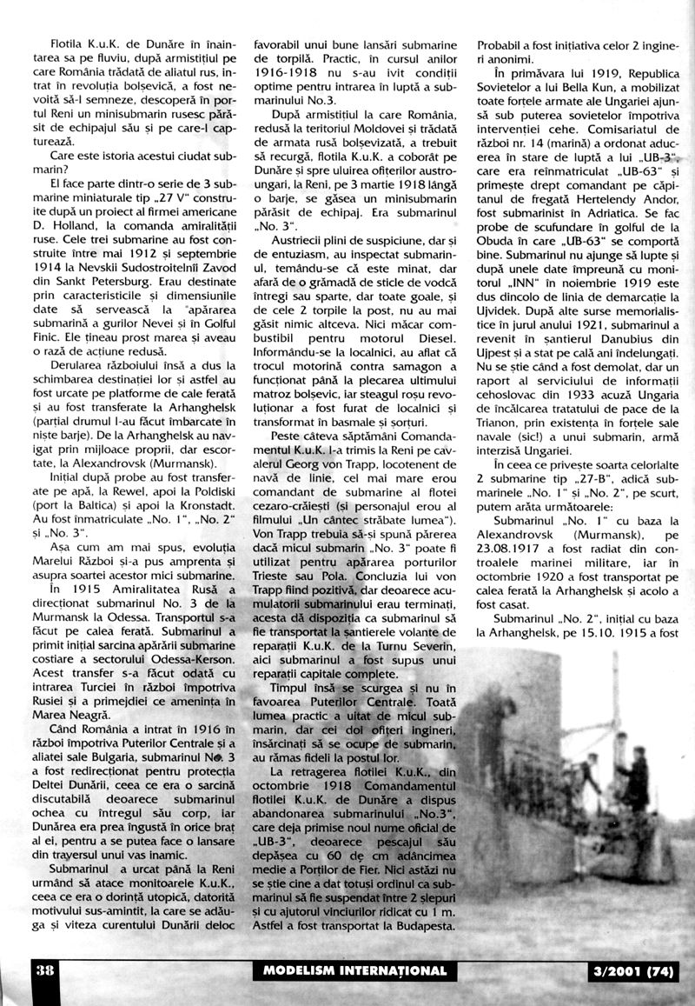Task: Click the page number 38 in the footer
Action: tap(43, 970)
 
